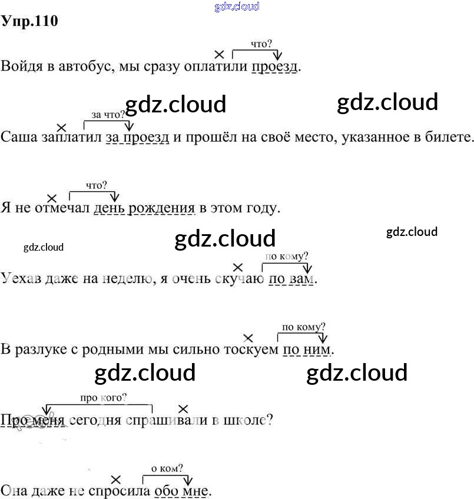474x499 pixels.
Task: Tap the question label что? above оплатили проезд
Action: pyautogui.click(x=261, y=44)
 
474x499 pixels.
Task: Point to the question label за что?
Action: pyautogui.click(x=108, y=114)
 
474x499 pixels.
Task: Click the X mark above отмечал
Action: pyautogui.click(x=52, y=198)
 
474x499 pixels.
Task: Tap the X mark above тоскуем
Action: pyautogui.click(x=248, y=338)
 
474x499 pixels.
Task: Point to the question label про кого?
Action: pyautogui.click(x=103, y=398)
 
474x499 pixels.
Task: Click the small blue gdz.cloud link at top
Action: pyautogui.click(x=237, y=6)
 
